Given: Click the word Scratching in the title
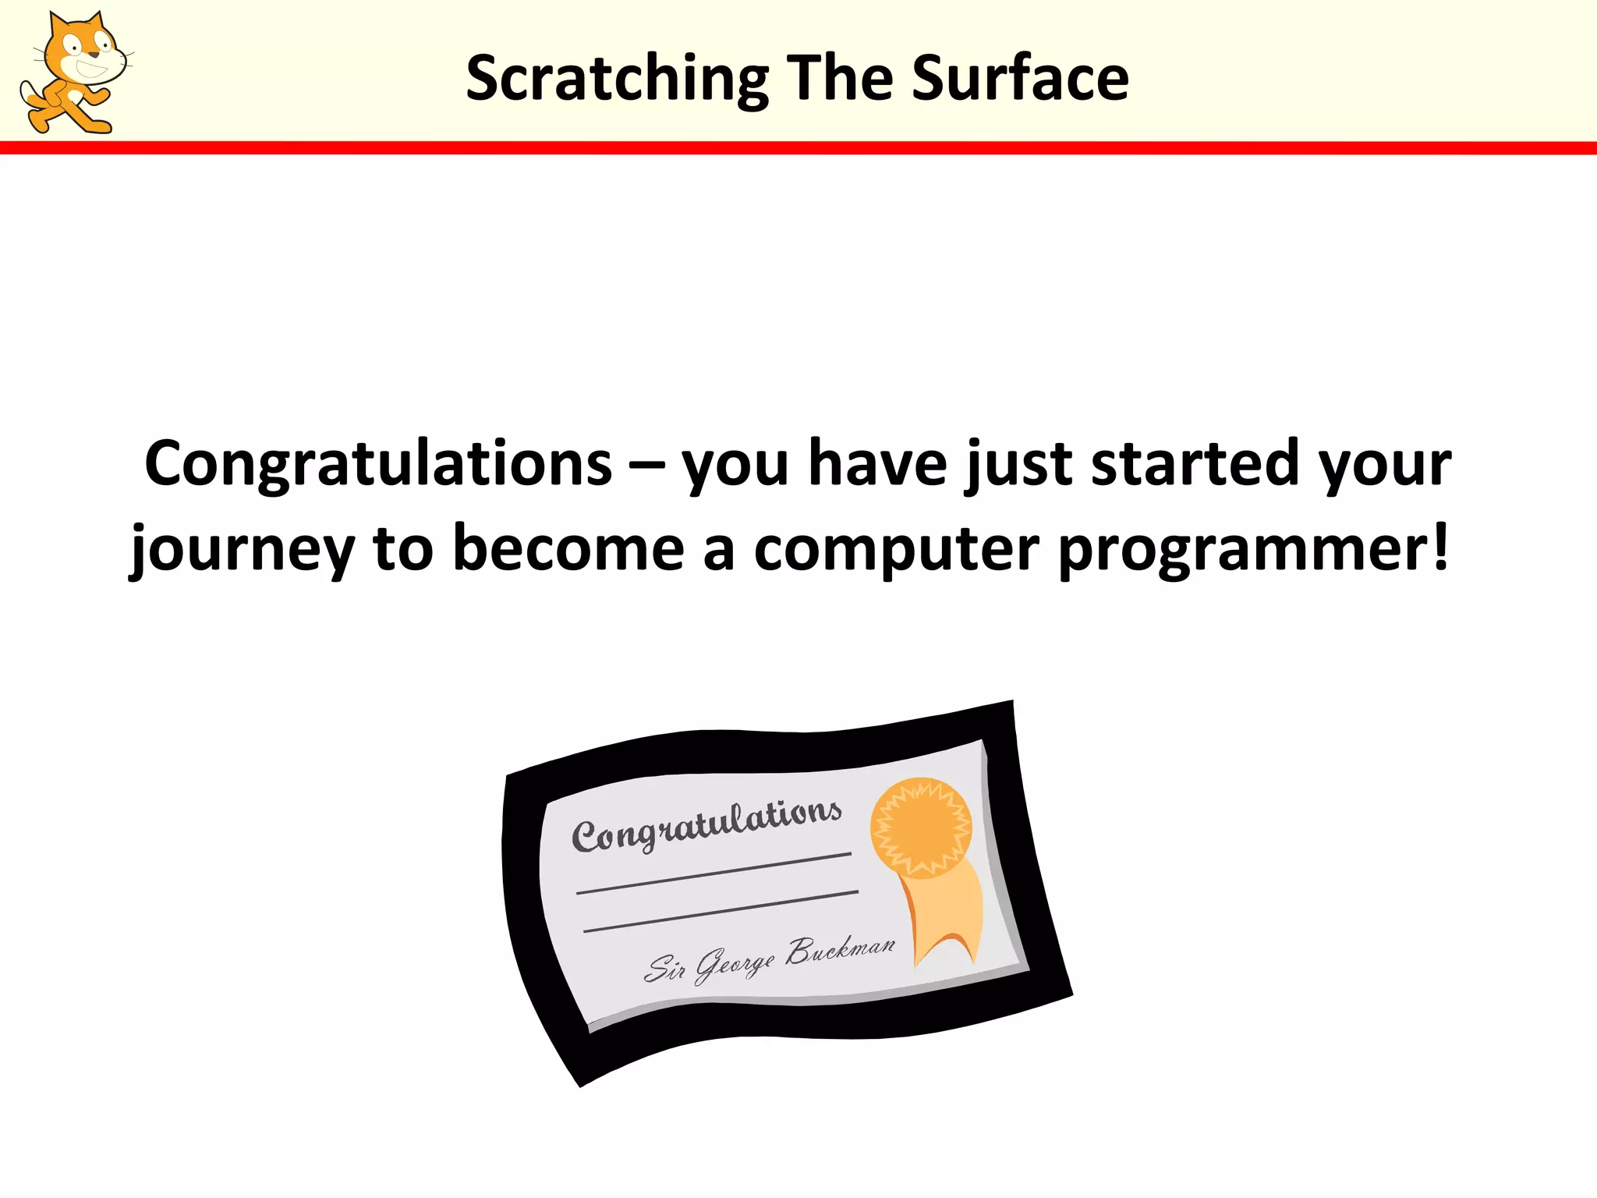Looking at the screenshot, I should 617,79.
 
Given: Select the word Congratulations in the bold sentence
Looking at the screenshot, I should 378,464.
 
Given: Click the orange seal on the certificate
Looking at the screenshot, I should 921,827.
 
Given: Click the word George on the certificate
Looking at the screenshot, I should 734,966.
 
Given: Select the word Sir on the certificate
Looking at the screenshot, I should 664,969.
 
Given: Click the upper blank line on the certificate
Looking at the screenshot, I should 714,874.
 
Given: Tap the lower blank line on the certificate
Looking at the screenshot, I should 721,911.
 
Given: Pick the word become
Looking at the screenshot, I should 568,548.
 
